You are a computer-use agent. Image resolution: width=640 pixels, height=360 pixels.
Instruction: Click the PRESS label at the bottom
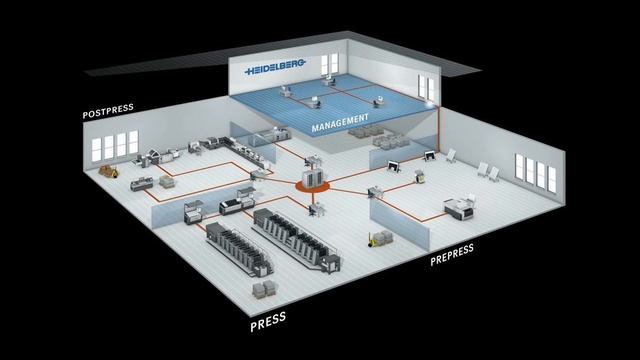point(268,320)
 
